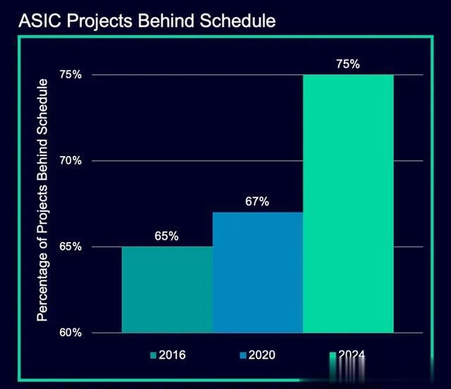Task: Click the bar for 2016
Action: pyautogui.click(x=167, y=289)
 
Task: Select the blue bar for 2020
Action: pyautogui.click(x=258, y=272)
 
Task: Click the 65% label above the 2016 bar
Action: pyautogui.click(x=167, y=237)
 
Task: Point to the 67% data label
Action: pyautogui.click(x=257, y=202)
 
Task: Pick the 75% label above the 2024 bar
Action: pyautogui.click(x=348, y=64)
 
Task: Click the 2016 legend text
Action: pyautogui.click(x=172, y=354)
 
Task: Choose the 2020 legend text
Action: pyautogui.click(x=262, y=354)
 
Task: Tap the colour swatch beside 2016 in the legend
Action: pyautogui.click(x=153, y=355)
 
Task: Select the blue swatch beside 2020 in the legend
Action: pyautogui.click(x=243, y=355)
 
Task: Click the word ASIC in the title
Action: pyautogui.click(x=36, y=21)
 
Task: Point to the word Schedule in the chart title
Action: pyautogui.click(x=238, y=21)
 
